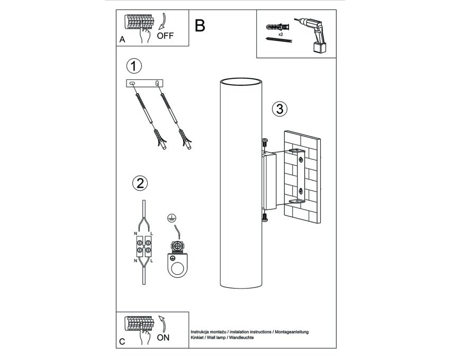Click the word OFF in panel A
pyautogui.click(x=165, y=36)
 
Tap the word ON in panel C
pyautogui.click(x=163, y=338)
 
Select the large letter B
pyautogui.click(x=200, y=25)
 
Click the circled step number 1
pyautogui.click(x=134, y=66)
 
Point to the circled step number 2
pyautogui.click(x=140, y=183)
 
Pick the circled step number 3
pyautogui.click(x=280, y=109)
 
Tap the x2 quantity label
pyautogui.click(x=281, y=34)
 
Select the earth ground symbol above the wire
pyautogui.click(x=172, y=219)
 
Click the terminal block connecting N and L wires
pyautogui.click(x=143, y=247)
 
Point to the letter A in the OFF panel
pyautogui.click(x=122, y=40)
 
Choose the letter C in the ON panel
pyautogui.click(x=122, y=341)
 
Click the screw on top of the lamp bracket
pyautogui.click(x=265, y=142)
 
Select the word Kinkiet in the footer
pyautogui.click(x=197, y=338)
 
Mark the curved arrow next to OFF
pyautogui.click(x=163, y=21)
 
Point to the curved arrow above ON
pyautogui.click(x=163, y=324)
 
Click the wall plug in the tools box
pyautogui.click(x=277, y=28)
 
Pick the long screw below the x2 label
pyautogui.click(x=278, y=40)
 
